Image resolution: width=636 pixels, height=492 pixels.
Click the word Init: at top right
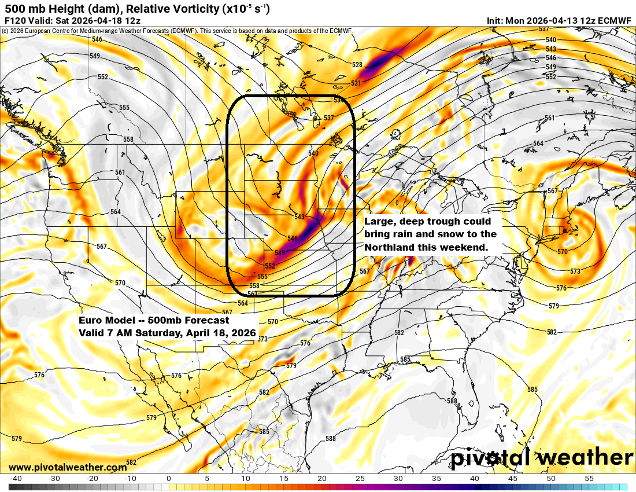coord(496,21)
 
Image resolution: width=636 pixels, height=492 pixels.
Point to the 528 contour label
coord(357,65)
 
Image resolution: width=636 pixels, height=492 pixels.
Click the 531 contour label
coord(356,83)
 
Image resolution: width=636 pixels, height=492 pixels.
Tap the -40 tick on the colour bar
coord(16,479)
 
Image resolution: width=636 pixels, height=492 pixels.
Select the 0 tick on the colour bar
coord(168,479)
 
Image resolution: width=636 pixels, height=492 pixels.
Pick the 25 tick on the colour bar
coord(360,479)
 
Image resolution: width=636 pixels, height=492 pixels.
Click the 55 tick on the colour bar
coord(589,479)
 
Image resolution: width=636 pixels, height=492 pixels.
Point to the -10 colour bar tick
coord(130,479)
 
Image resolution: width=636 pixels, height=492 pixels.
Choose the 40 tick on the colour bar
coord(475,479)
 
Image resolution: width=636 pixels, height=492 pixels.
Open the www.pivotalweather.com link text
coord(68,467)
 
